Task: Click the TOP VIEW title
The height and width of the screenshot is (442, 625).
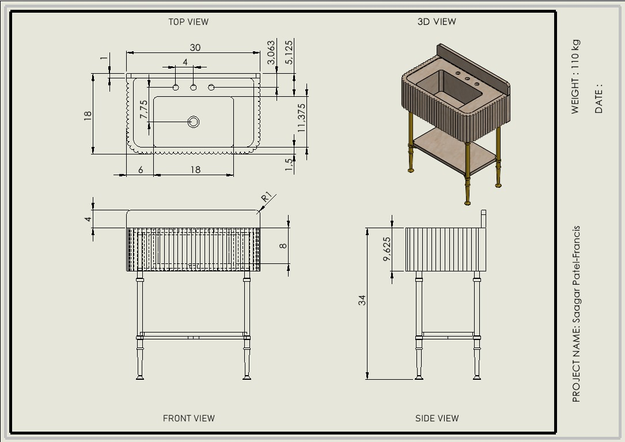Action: click(x=188, y=22)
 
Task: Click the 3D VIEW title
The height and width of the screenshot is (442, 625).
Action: click(x=437, y=22)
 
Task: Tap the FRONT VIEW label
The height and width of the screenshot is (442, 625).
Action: click(x=189, y=418)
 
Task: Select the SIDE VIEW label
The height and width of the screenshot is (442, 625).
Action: click(x=437, y=418)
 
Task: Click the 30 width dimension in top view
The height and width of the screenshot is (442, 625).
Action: click(x=195, y=47)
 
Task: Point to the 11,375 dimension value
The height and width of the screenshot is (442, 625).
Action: click(x=301, y=118)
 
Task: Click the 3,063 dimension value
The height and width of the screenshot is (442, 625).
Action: click(x=271, y=52)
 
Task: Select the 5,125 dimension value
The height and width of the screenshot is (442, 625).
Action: click(x=289, y=52)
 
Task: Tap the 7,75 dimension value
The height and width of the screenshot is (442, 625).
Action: click(x=143, y=109)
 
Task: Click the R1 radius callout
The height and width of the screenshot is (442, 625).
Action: click(x=267, y=197)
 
